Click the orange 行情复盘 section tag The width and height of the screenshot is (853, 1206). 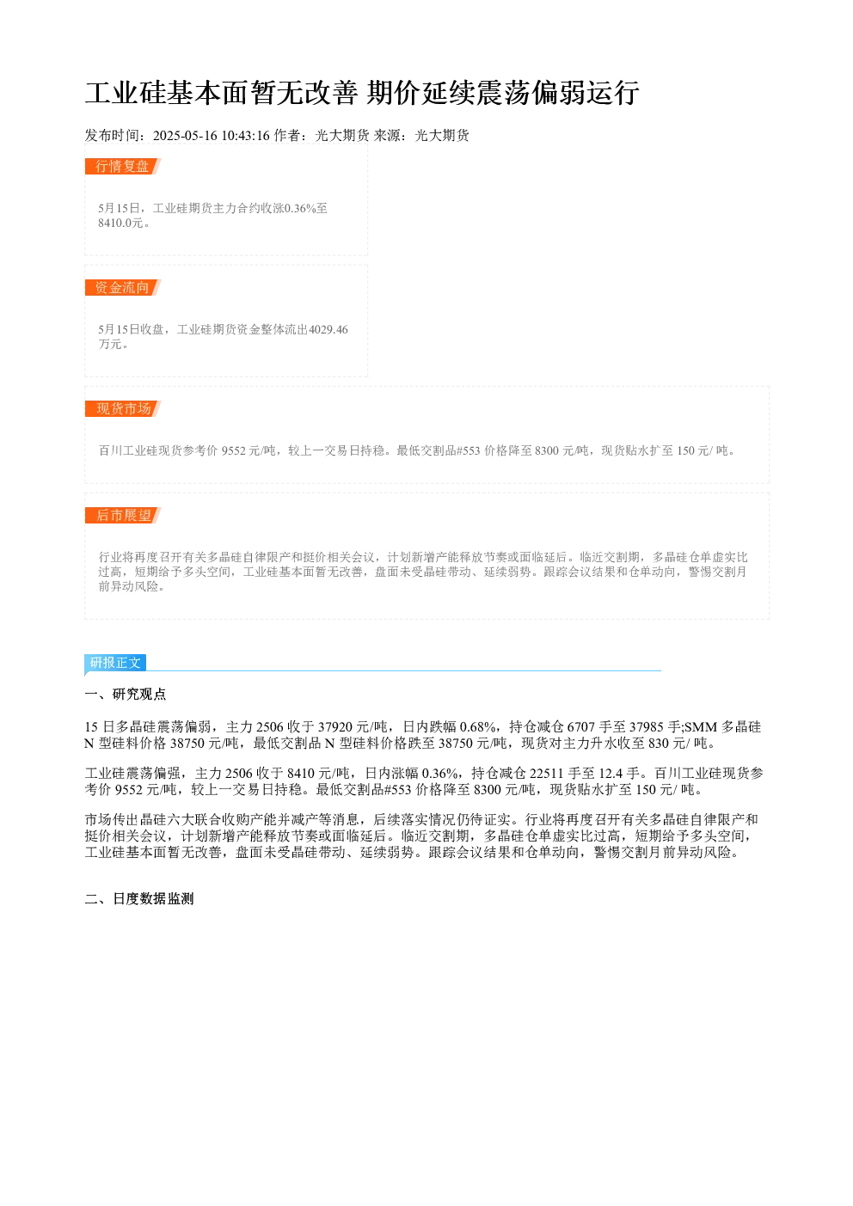click(x=123, y=167)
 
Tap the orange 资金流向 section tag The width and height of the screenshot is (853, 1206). click(x=123, y=287)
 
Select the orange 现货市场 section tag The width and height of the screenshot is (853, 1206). click(x=123, y=408)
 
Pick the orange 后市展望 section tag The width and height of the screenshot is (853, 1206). click(x=123, y=515)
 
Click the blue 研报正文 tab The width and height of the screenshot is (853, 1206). click(x=115, y=662)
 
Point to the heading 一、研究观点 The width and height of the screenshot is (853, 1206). click(x=126, y=694)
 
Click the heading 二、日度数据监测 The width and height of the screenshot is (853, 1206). click(x=139, y=898)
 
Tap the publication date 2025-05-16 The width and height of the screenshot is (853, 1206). click(x=185, y=136)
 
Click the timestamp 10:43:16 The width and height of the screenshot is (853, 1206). click(x=246, y=136)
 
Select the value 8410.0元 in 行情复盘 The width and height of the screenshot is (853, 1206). click(x=120, y=223)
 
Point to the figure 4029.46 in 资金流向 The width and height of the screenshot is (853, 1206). click(x=328, y=329)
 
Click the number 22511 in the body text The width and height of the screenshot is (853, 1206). click(x=547, y=774)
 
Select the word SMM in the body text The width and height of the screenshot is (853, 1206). click(x=701, y=727)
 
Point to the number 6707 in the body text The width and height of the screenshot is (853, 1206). click(x=581, y=727)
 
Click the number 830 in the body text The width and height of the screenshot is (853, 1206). click(x=659, y=744)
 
